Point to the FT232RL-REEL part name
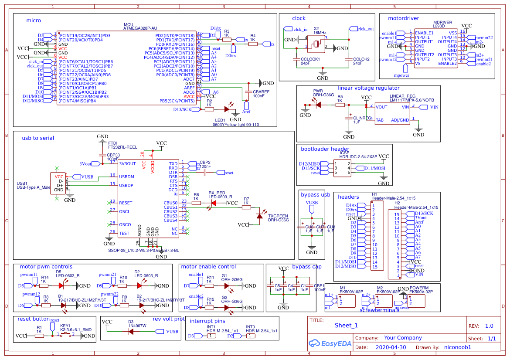(x=122, y=147)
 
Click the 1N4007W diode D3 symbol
(x=130, y=331)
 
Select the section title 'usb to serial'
(x=38, y=138)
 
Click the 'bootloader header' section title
(x=325, y=149)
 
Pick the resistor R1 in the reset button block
(x=39, y=336)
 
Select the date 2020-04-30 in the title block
(x=391, y=348)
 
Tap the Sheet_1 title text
(x=346, y=325)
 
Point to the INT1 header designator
(x=211, y=326)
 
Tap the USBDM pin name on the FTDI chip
(x=126, y=177)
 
